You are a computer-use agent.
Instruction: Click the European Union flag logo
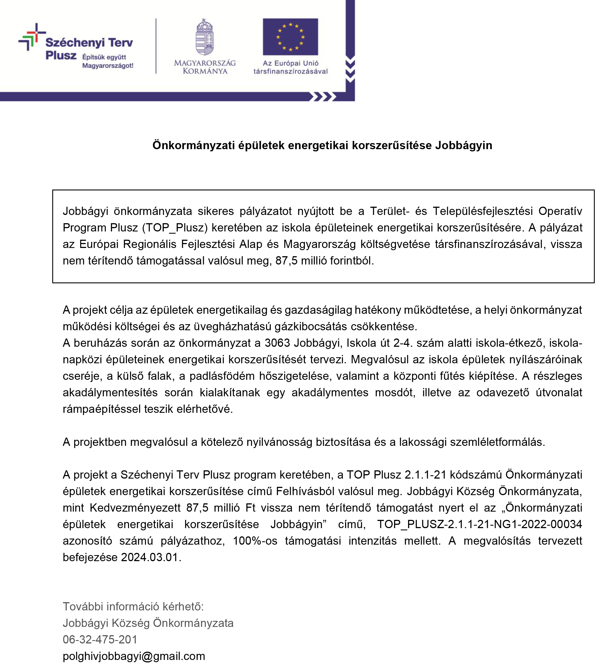[290, 37]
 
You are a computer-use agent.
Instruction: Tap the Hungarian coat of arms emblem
[205, 37]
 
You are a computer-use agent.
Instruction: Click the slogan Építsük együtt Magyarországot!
[108, 61]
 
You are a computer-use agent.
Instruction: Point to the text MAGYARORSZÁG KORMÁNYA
[205, 67]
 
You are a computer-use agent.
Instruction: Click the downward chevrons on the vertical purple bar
[350, 69]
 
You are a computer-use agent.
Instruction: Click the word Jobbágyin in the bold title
[463, 145]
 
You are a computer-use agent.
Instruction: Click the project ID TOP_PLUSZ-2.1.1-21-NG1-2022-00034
[480, 524]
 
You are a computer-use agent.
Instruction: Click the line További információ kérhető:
[133, 607]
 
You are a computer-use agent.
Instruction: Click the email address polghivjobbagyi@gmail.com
[134, 656]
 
